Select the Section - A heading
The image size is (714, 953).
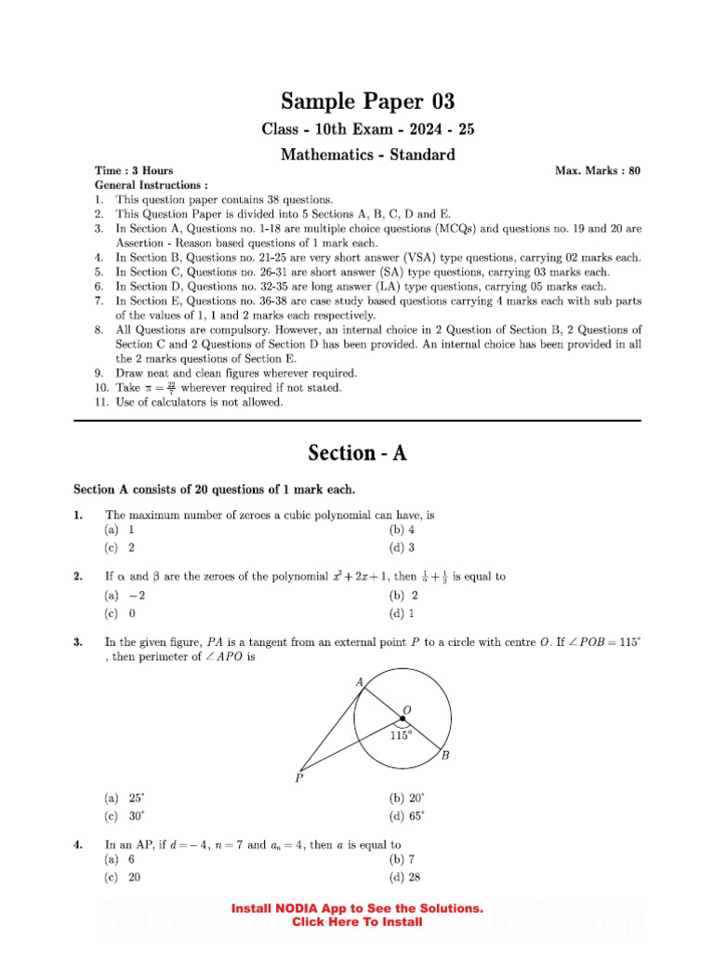357,453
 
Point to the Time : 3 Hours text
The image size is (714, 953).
134,171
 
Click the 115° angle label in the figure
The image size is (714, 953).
401,734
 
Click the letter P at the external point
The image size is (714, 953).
298,778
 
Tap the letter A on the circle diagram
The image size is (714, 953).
359,682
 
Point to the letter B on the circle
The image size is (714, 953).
445,756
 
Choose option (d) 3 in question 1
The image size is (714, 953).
402,547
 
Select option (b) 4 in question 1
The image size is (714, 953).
402,530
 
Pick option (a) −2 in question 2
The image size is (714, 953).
126,596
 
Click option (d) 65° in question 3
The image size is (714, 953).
407,816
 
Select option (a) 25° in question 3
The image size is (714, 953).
125,799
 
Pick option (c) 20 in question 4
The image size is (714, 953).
123,878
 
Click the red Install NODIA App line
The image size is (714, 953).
357,908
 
